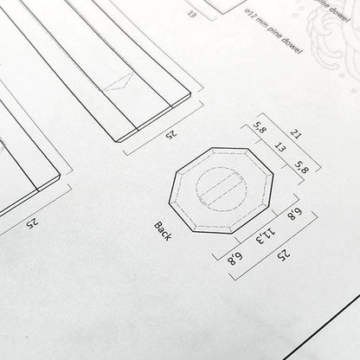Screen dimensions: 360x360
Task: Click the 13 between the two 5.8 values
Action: point(277,150)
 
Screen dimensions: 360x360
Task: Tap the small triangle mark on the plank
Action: point(118,80)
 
